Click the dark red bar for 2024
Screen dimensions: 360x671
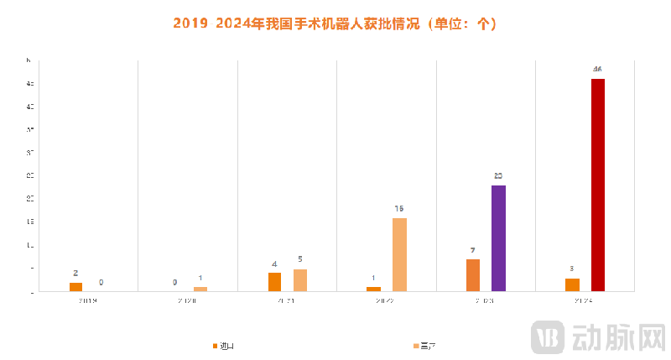(598, 185)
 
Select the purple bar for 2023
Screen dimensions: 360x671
(498, 238)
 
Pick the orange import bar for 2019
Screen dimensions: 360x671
(75, 287)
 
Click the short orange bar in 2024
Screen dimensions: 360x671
(572, 284)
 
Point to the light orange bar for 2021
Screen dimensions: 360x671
(300, 280)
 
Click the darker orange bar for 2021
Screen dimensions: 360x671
(274, 282)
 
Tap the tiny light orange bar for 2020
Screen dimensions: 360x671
(200, 289)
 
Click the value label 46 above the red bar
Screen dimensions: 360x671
(598, 69)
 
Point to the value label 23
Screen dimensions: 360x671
(498, 176)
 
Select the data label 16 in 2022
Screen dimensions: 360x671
(399, 208)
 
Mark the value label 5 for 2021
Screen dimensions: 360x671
(300, 259)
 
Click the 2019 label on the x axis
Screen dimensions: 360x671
(88, 300)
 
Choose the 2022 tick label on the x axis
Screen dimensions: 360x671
(386, 300)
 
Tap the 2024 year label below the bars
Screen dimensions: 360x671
(585, 300)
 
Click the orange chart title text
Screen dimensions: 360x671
(335, 23)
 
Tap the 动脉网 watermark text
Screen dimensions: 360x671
(618, 337)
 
